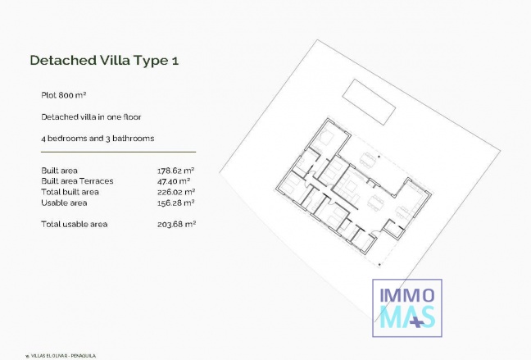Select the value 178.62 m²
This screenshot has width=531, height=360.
pos(175,171)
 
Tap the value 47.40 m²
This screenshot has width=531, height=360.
pos(174,180)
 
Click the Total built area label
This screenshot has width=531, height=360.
pos(70,191)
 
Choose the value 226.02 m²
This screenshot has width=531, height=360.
pos(175,191)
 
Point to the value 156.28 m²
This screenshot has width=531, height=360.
pos(175,202)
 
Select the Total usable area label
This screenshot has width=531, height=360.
pos(75,223)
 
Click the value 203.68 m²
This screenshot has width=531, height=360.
pos(175,223)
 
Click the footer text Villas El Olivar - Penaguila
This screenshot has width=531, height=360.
pos(62,355)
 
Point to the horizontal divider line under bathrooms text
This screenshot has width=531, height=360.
pos(112,152)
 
